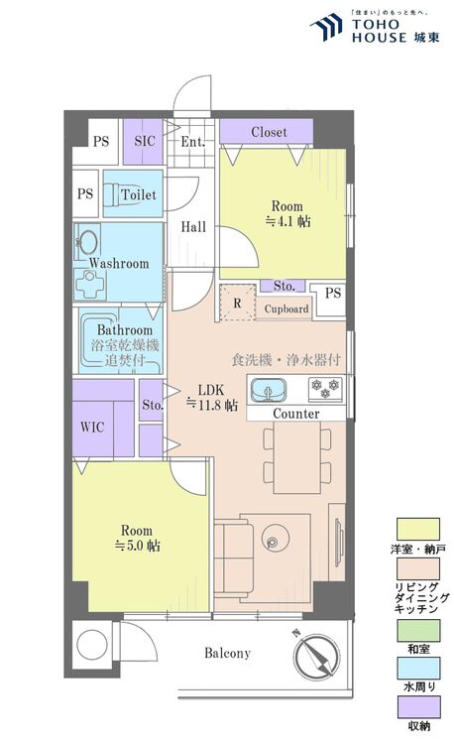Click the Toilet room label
pos(139,194)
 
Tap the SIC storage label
pos(145,141)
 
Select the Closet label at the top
pos(269,131)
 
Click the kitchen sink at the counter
pos(268,391)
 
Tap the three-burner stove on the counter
pos(326,388)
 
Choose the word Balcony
pos(227,654)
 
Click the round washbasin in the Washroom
pos(88,243)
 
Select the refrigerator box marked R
pos(238,303)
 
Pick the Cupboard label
pos(286,309)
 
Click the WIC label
pos(92,427)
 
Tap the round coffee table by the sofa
pos(275,539)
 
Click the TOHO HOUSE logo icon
pos(326,27)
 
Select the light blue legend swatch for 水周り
pos(418,668)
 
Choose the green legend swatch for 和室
pos(418,630)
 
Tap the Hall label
pos(193,227)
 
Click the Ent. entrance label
pos(193,142)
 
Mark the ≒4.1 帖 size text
pos(287,221)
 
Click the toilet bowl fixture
pos(112,194)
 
